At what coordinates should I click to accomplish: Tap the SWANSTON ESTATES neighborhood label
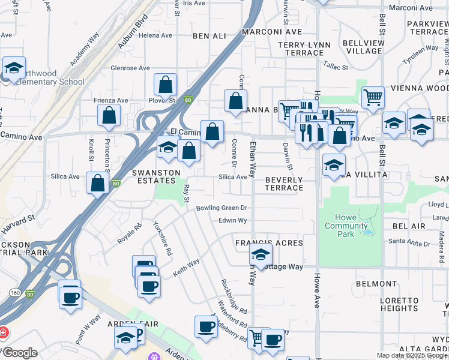[x=156, y=176]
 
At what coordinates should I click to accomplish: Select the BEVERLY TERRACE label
[x=284, y=184]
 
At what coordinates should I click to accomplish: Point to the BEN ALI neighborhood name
[x=209, y=36]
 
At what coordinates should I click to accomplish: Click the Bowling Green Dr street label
[x=221, y=208]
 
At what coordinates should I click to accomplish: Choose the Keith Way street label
[x=186, y=267]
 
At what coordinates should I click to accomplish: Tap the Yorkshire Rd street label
[x=163, y=239]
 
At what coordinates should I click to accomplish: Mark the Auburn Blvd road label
[x=133, y=35]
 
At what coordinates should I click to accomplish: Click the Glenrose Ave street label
[x=130, y=68]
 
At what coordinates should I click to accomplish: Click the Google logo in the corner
[x=19, y=353]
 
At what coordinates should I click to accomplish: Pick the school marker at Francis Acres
[x=260, y=254]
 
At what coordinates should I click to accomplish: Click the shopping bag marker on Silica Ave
[x=97, y=183]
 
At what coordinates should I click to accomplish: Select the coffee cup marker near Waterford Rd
[x=206, y=327]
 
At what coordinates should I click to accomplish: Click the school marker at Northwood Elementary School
[x=14, y=68]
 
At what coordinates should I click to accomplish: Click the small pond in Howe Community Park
[x=367, y=230]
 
